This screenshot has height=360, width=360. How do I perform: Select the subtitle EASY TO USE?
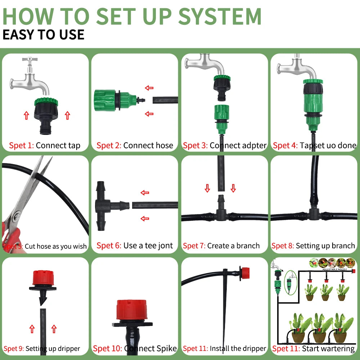(43, 35)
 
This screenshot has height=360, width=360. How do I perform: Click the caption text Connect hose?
(148, 146)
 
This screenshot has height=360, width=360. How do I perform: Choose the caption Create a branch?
(233, 246)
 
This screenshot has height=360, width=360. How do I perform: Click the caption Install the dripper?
(238, 348)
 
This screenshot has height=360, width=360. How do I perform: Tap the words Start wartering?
(328, 348)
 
